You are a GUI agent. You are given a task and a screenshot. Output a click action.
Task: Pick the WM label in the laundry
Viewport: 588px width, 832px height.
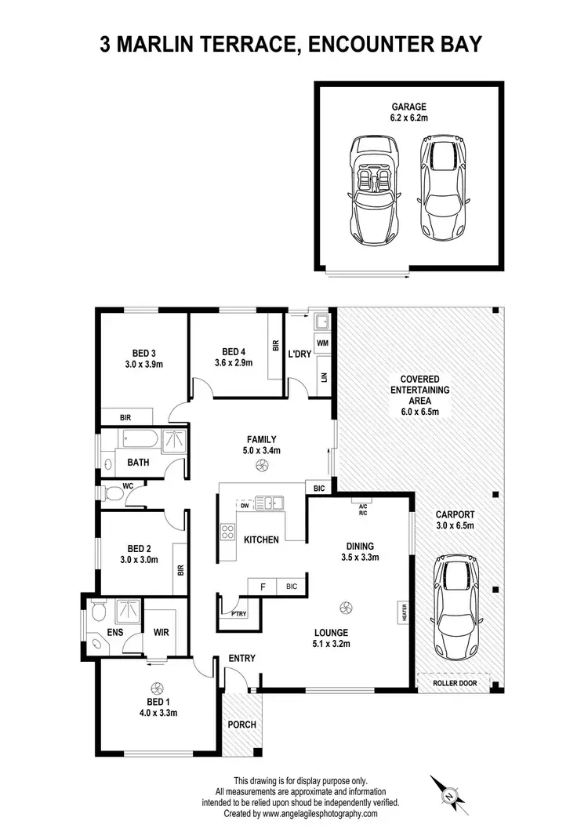pos(322,343)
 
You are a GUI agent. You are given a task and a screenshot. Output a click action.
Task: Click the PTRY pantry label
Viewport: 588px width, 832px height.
pos(238,614)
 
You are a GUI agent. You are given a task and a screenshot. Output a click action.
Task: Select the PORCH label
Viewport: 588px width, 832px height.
pos(242,724)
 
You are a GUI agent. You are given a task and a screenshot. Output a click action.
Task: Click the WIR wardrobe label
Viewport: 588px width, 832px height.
pos(162,631)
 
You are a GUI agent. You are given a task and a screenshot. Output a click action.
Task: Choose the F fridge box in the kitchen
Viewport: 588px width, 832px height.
pos(261,586)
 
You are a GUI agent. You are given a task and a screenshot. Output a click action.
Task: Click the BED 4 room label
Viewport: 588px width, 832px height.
pos(234,351)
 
